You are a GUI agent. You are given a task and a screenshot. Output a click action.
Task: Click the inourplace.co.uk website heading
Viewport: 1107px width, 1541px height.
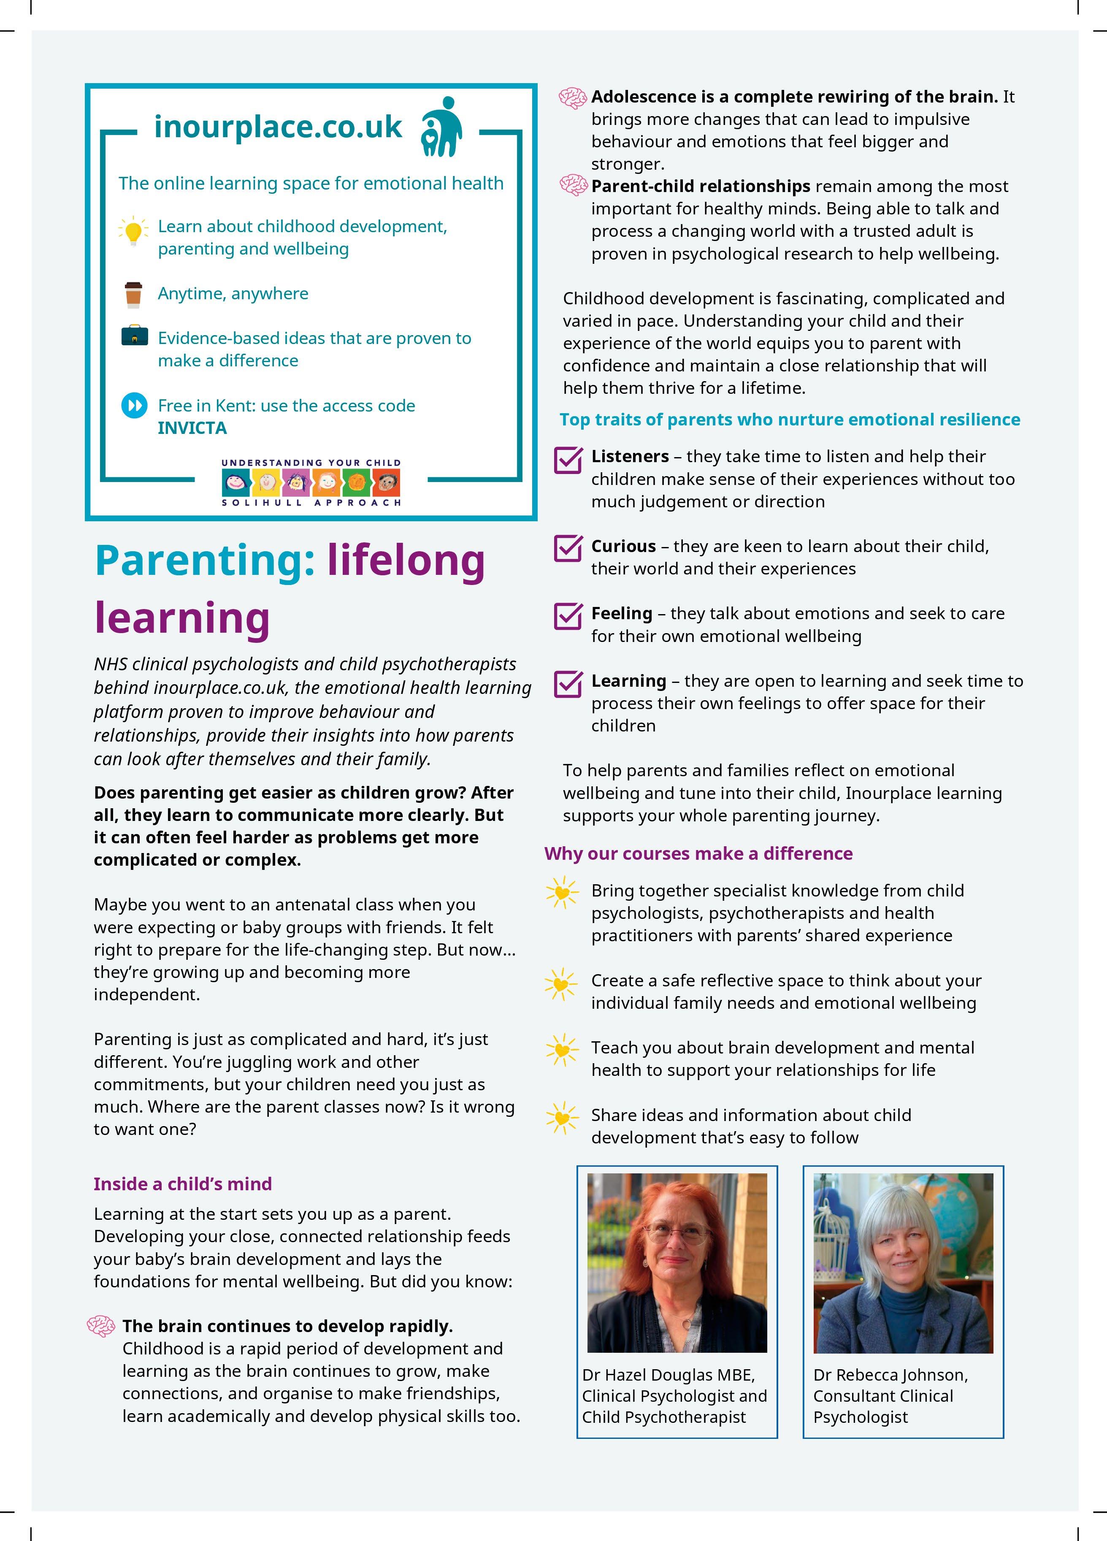278,127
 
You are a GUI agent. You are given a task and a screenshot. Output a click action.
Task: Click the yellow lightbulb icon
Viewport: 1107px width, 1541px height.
134,231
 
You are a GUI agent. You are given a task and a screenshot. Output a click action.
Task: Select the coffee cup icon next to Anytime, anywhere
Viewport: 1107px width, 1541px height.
133,294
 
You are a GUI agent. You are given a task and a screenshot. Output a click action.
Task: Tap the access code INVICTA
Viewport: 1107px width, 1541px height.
192,428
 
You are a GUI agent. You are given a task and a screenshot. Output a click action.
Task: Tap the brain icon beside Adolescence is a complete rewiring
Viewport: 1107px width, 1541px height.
573,98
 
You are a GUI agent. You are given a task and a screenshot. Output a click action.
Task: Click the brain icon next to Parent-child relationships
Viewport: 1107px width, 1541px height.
573,185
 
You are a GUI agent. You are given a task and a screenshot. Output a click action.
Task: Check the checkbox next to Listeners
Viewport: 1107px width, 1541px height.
568,460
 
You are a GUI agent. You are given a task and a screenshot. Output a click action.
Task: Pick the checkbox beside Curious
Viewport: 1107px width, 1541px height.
568,548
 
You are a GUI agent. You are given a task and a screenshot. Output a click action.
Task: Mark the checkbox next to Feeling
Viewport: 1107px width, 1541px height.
568,615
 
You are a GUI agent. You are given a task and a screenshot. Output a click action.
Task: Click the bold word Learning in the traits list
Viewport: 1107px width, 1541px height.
628,681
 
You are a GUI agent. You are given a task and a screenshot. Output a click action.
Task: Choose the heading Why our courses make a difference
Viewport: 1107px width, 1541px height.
698,853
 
